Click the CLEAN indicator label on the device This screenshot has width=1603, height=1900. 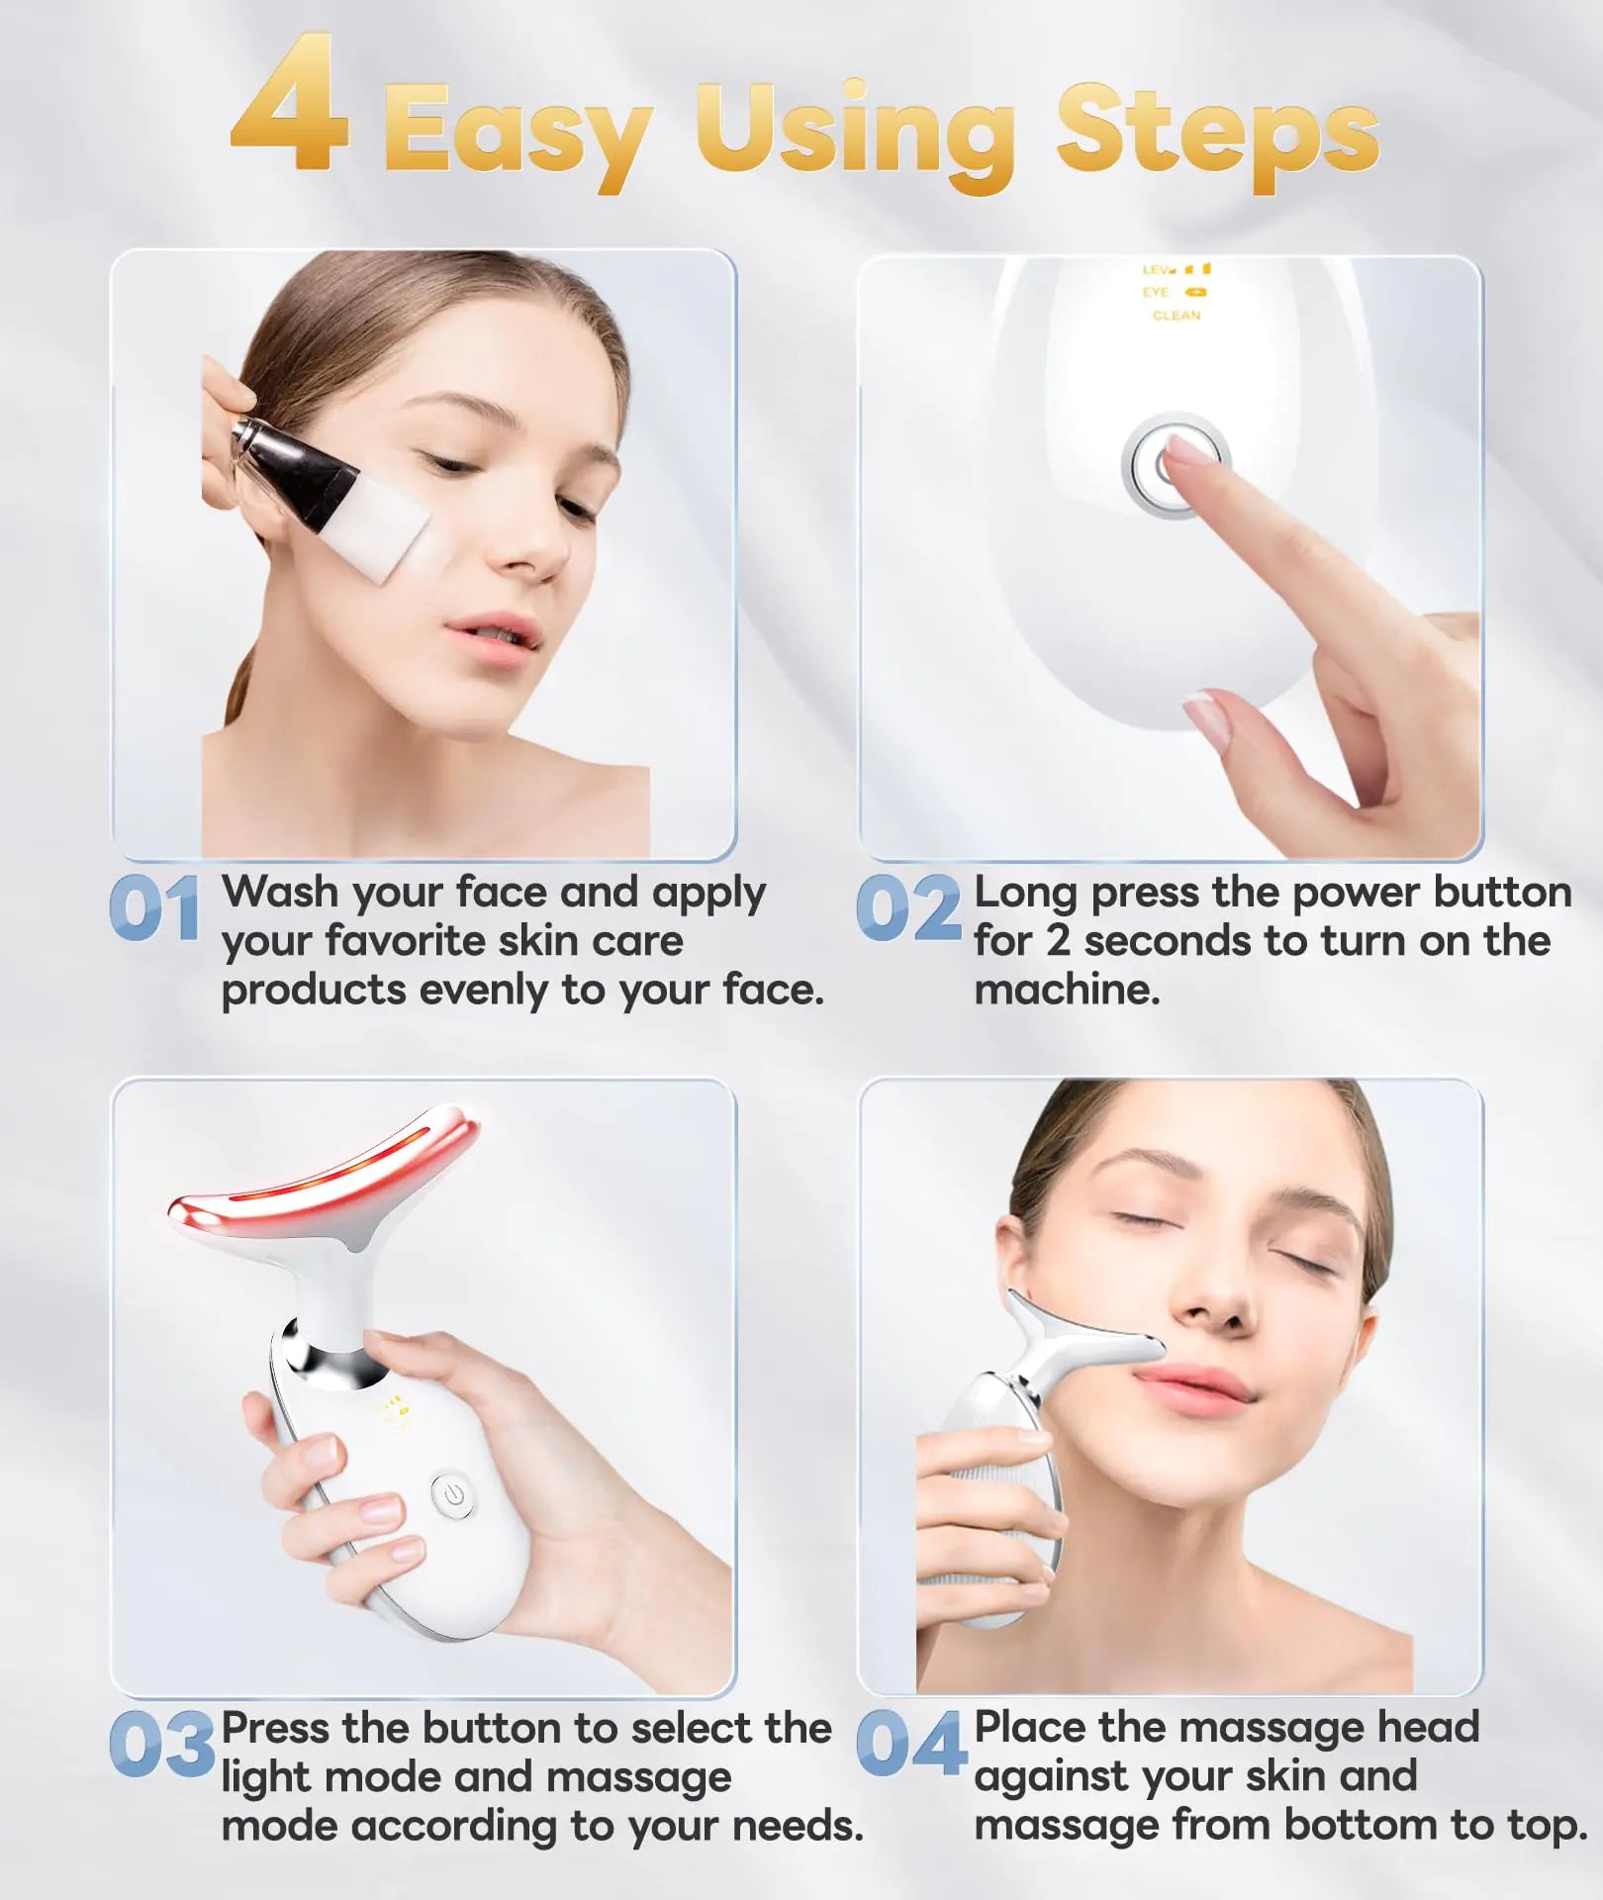tap(1176, 316)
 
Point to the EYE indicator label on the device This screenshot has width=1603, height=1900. tap(1155, 293)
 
